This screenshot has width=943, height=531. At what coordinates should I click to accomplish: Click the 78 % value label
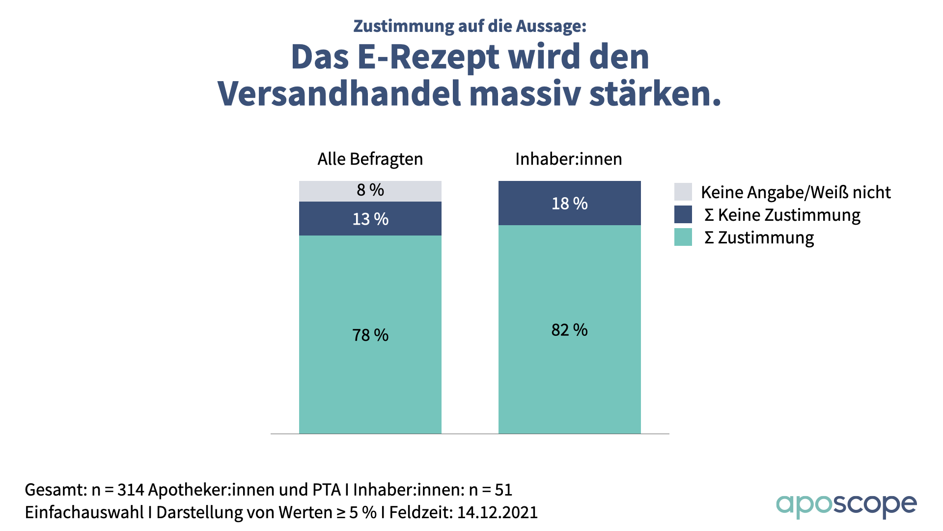pos(370,335)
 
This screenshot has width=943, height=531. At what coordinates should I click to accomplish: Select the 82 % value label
pos(569,330)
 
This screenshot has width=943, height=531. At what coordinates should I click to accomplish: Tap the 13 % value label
pos(370,219)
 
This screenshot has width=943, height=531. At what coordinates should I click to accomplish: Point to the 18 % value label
pos(569,204)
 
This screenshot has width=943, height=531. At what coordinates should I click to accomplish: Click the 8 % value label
pos(370,190)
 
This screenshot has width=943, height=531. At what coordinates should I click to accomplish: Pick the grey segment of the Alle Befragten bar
pos(319,191)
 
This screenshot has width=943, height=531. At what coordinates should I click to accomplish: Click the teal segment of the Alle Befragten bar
pos(370,383)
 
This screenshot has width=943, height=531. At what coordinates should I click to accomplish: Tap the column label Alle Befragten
pos(370,159)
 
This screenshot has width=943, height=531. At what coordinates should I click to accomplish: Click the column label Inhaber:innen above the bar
pos(569,159)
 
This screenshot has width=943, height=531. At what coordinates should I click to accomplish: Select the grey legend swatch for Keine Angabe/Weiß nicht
pos(683,192)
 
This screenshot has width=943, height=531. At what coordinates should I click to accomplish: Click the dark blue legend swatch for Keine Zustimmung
pos(683,214)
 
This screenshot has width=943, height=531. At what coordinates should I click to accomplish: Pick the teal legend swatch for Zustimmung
pos(683,237)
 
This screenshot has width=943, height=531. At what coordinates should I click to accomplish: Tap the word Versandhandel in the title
pos(339,93)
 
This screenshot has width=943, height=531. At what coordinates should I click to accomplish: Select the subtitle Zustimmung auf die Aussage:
pos(470,26)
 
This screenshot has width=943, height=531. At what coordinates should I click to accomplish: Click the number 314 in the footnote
pos(131,490)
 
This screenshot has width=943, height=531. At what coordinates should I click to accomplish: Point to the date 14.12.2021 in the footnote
pos(497,512)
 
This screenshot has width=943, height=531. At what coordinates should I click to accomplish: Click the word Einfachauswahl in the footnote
pos(84,512)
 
